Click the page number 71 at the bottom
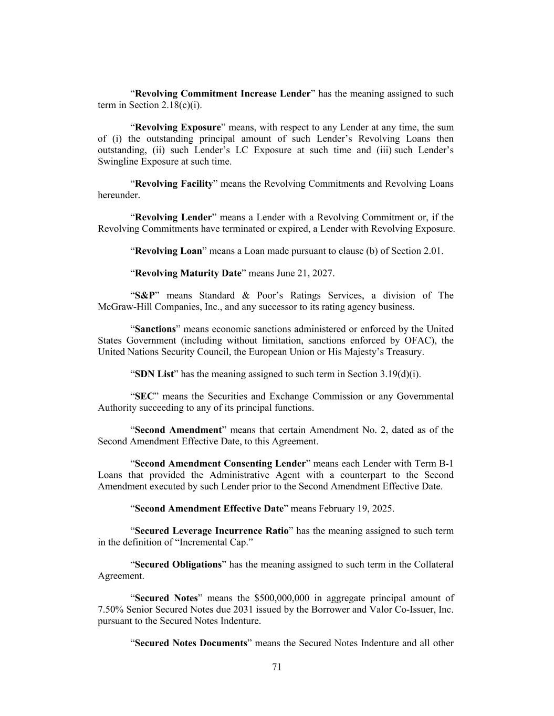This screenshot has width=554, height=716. pos(277,667)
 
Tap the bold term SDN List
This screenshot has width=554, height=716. pos(154,374)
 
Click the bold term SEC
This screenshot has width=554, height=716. pos(144,396)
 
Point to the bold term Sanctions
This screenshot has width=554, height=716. pos(155,329)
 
